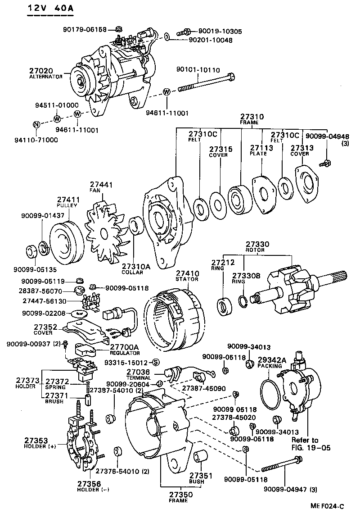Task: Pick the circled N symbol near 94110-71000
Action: pyautogui.click(x=36, y=125)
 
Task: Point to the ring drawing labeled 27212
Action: pyautogui.click(x=225, y=308)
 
